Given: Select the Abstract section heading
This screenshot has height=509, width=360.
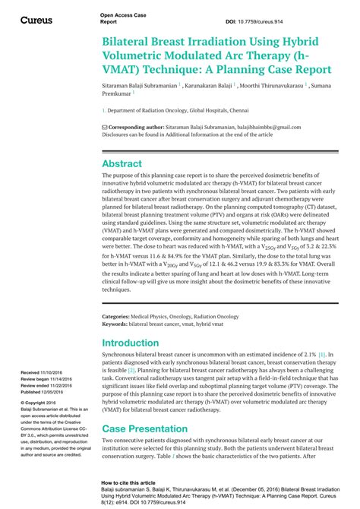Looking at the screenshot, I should tap(122, 163).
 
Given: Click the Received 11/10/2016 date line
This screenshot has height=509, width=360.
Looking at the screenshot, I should tap(46, 373).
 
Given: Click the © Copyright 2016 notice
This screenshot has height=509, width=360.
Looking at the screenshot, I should tap(42, 403).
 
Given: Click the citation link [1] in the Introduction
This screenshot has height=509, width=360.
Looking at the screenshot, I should tap(322, 355).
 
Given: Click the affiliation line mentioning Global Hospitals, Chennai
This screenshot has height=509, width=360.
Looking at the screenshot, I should tap(193, 110).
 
